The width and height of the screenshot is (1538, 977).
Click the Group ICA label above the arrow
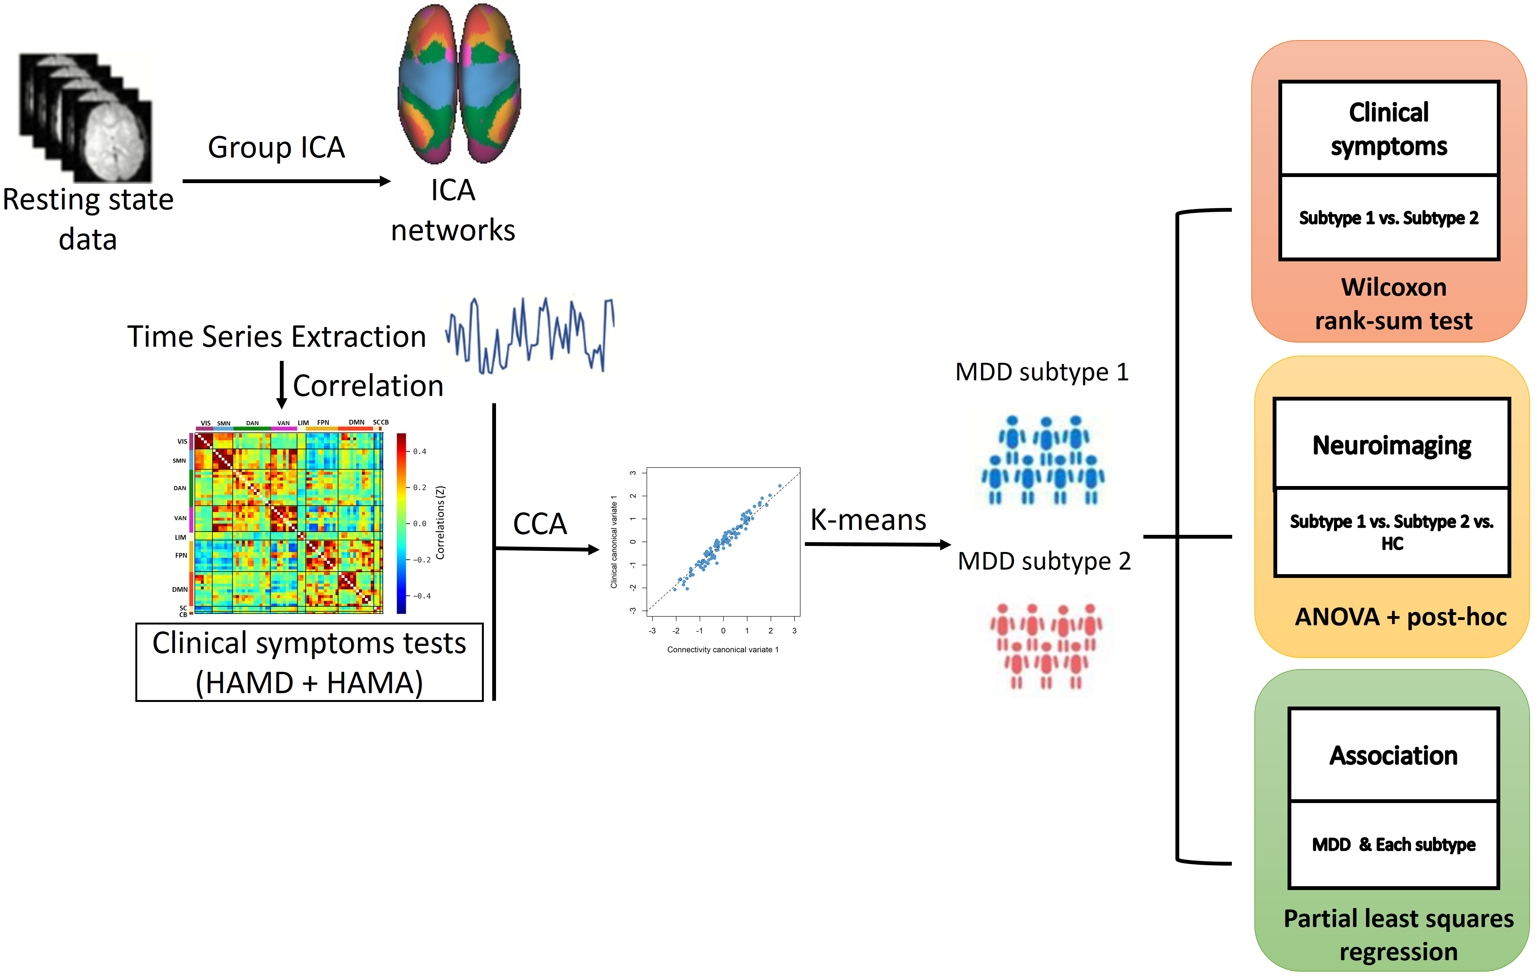click(276, 148)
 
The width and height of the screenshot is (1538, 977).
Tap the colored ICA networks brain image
click(459, 84)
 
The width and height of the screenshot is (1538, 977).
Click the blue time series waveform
click(530, 335)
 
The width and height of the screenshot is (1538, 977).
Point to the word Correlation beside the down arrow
click(368, 386)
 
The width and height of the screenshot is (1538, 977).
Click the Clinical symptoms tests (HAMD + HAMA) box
click(309, 663)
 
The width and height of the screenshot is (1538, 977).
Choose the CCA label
click(540, 524)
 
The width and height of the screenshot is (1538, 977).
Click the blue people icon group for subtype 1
click(1043, 460)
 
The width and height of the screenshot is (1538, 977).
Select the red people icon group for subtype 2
click(1045, 646)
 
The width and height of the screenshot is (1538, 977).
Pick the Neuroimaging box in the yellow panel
click(1392, 445)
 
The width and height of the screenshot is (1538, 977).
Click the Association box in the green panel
click(1394, 755)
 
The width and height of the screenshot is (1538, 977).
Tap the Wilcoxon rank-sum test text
click(1393, 304)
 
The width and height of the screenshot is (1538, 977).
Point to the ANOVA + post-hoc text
click(1400, 616)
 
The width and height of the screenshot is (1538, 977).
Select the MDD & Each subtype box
click(1394, 845)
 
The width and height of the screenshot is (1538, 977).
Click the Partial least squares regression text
click(1398, 935)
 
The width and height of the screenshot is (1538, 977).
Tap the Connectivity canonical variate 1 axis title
click(722, 650)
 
